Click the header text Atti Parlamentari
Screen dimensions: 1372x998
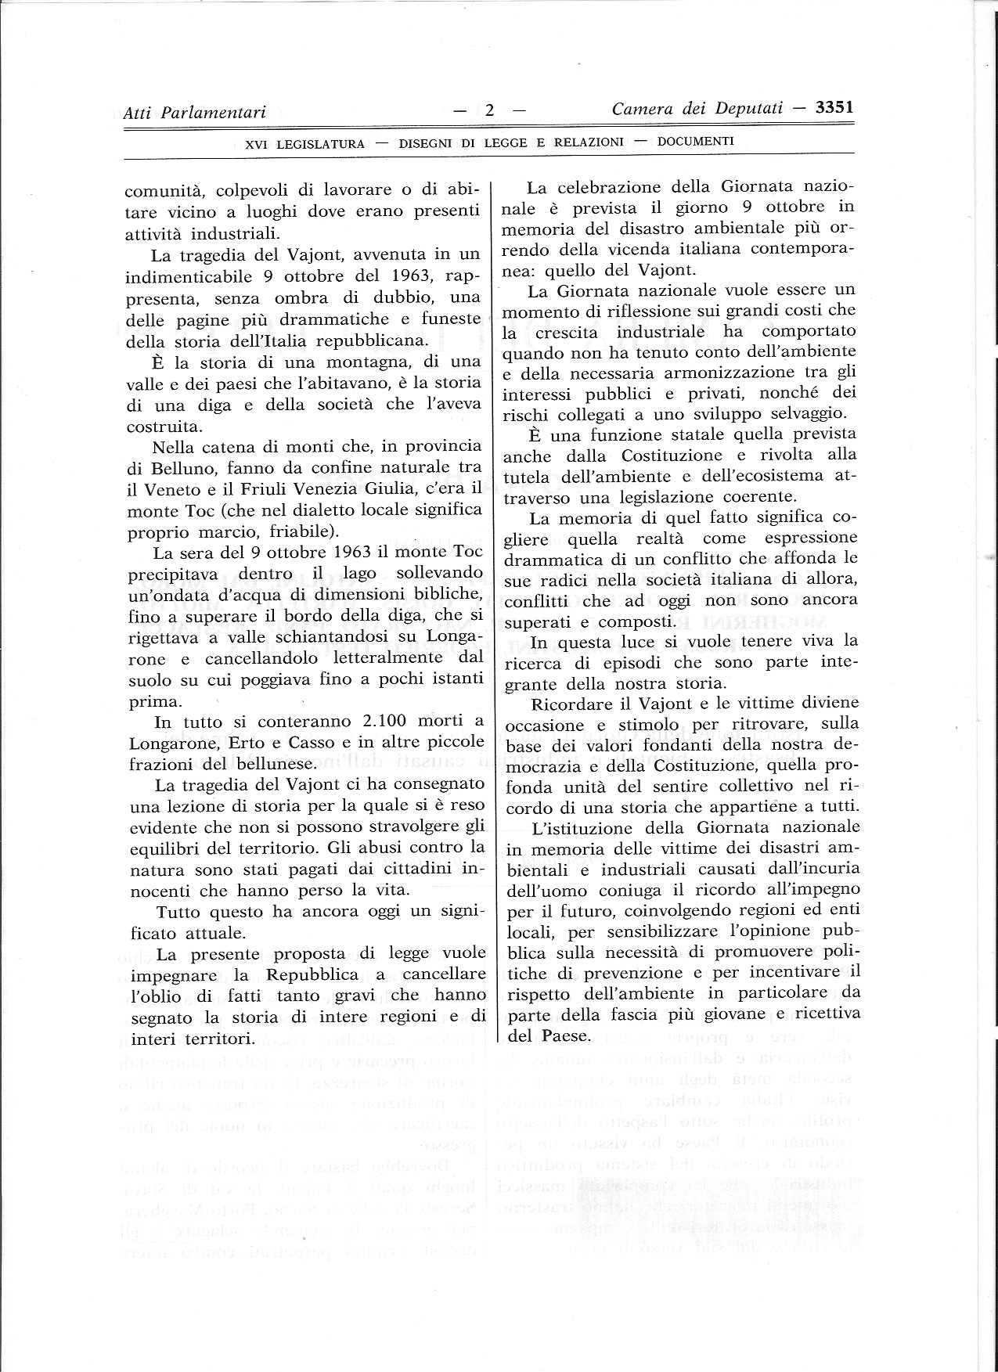195,113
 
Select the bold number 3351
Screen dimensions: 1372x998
834,108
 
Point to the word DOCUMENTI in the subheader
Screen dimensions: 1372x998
695,142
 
